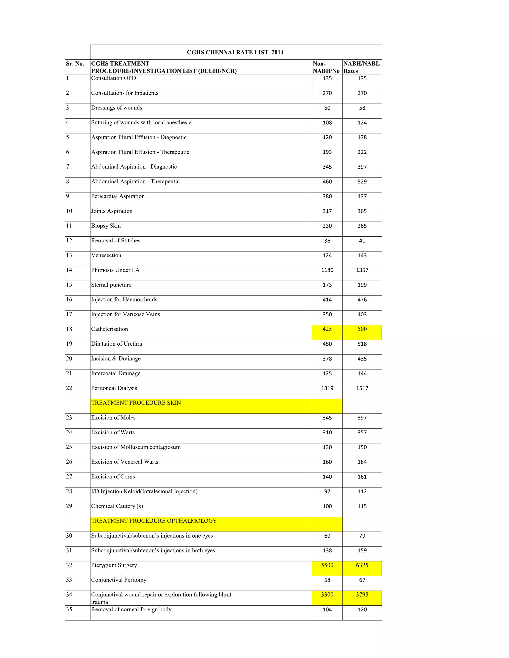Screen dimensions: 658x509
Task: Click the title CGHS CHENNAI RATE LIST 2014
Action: click(x=235, y=52)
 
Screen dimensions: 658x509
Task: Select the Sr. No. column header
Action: click(x=75, y=64)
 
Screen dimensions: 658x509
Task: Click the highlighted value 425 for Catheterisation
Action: click(x=327, y=329)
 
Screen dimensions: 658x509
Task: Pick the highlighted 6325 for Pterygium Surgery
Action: click(x=362, y=565)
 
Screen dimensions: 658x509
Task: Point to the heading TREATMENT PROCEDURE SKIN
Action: click(x=136, y=403)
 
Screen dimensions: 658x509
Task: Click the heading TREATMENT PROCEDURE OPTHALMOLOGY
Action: click(x=154, y=521)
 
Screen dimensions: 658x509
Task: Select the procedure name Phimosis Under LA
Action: click(x=116, y=270)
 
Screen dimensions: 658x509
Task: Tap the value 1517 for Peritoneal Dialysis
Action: click(x=362, y=388)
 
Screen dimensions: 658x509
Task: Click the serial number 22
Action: click(x=69, y=388)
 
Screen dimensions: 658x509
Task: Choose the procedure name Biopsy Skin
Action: click(x=106, y=226)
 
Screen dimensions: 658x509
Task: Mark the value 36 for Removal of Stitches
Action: click(x=327, y=241)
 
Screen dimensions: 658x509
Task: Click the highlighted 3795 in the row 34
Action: click(x=362, y=595)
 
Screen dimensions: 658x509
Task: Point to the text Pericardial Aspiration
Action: click(x=118, y=196)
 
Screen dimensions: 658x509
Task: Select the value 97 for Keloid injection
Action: click(x=327, y=492)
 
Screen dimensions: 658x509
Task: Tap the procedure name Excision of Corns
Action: click(x=113, y=477)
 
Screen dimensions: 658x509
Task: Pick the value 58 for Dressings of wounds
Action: click(x=362, y=108)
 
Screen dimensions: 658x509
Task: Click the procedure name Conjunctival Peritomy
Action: click(x=119, y=580)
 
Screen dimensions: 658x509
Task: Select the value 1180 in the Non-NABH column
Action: click(x=327, y=270)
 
